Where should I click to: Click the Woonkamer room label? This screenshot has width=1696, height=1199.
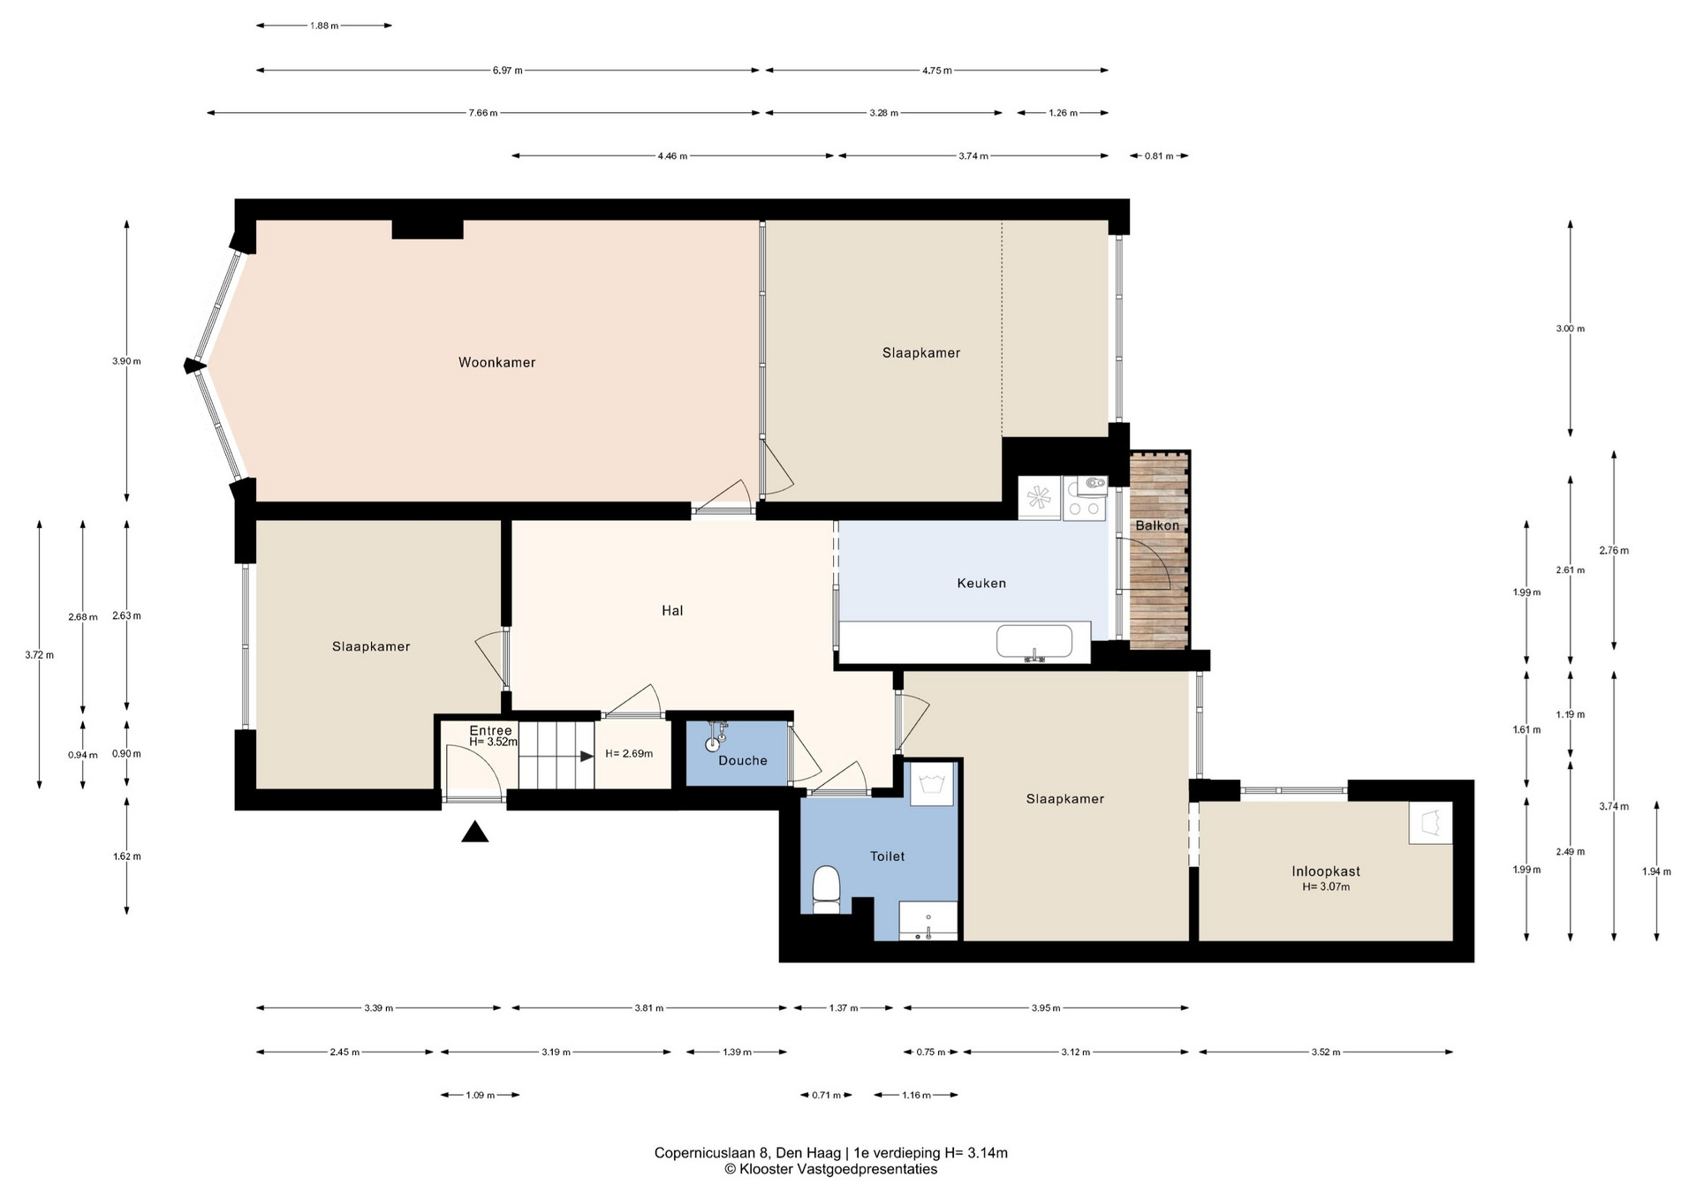click(x=496, y=362)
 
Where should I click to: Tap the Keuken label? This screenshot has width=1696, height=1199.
click(x=981, y=583)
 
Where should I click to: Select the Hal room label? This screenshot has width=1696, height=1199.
click(x=672, y=610)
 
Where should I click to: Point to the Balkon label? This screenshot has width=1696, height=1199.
click(x=1157, y=525)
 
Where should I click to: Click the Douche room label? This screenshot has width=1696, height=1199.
click(x=743, y=760)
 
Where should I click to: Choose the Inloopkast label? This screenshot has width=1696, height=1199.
click(x=1326, y=871)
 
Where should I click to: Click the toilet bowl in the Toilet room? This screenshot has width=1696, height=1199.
click(x=826, y=889)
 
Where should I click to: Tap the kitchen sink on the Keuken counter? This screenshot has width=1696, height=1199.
click(x=1033, y=642)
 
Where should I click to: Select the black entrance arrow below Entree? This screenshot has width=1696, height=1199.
click(x=475, y=832)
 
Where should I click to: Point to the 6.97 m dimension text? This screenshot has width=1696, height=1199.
click(x=507, y=71)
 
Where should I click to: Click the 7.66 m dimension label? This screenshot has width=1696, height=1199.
click(x=482, y=113)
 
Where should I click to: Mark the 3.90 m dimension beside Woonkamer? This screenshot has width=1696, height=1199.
click(x=126, y=361)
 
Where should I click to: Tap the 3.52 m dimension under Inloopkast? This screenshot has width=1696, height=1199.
click(x=1325, y=1052)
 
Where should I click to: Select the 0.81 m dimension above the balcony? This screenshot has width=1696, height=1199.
click(x=1159, y=156)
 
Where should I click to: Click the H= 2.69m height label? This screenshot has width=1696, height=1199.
click(x=629, y=754)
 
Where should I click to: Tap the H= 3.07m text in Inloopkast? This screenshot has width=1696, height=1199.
click(x=1326, y=886)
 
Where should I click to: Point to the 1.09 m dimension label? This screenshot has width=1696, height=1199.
click(x=480, y=1096)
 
